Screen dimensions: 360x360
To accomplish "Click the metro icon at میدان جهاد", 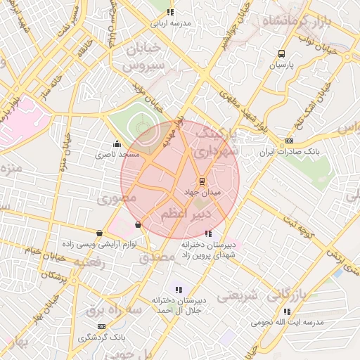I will (x=202, y=180).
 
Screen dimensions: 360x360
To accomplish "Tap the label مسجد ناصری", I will (x=119, y=153).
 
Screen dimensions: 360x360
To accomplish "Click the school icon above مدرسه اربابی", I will (x=170, y=12).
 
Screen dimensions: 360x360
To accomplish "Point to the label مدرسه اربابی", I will (x=171, y=22).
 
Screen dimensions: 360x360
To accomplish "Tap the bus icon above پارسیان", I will (x=282, y=53).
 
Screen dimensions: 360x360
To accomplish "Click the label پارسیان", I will (x=283, y=65).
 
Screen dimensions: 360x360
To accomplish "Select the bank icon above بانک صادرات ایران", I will (x=290, y=141).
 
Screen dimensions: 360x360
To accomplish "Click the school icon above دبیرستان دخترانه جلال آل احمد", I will (x=178, y=289).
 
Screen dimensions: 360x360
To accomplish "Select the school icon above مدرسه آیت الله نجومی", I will (x=286, y=311).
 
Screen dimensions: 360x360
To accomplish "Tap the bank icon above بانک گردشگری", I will (x=102, y=326).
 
